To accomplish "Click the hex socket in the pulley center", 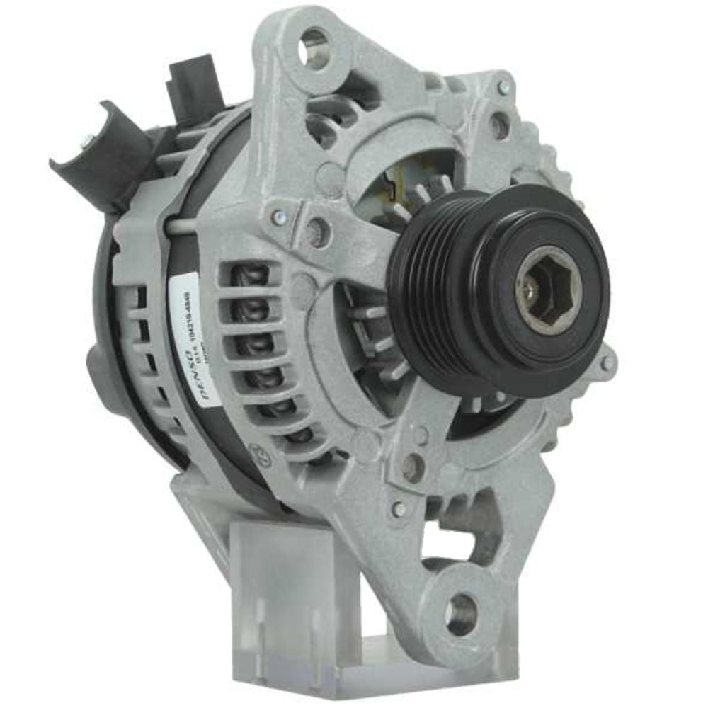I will click(x=545, y=288).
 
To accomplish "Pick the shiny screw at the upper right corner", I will click(x=503, y=87).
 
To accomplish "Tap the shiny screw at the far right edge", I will click(x=606, y=365).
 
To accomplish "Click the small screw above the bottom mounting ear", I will click(x=399, y=508).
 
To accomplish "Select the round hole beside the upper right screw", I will click(x=500, y=126).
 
